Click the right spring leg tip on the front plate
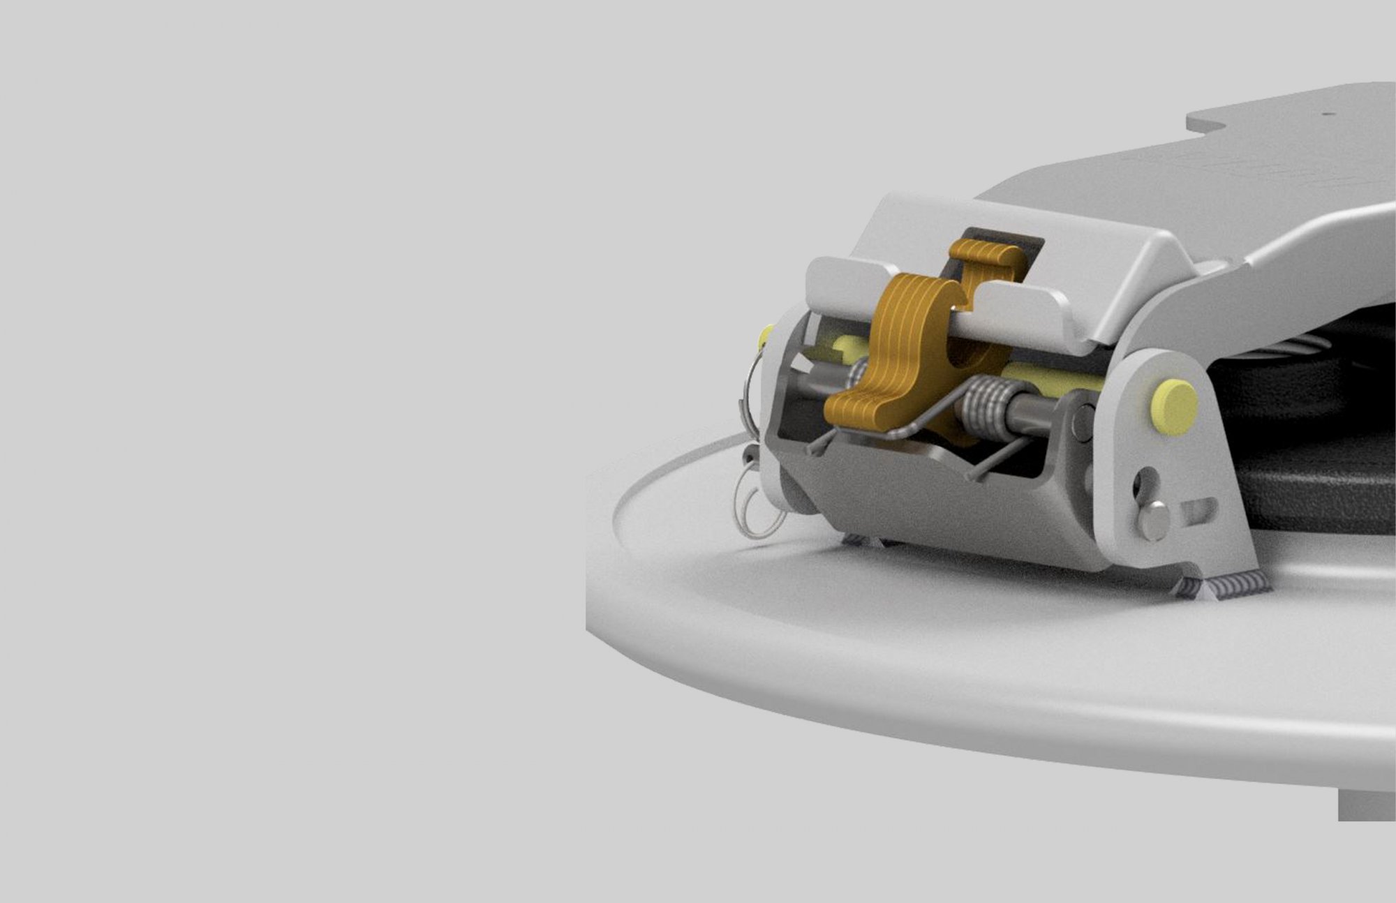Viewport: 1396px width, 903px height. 974,476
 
